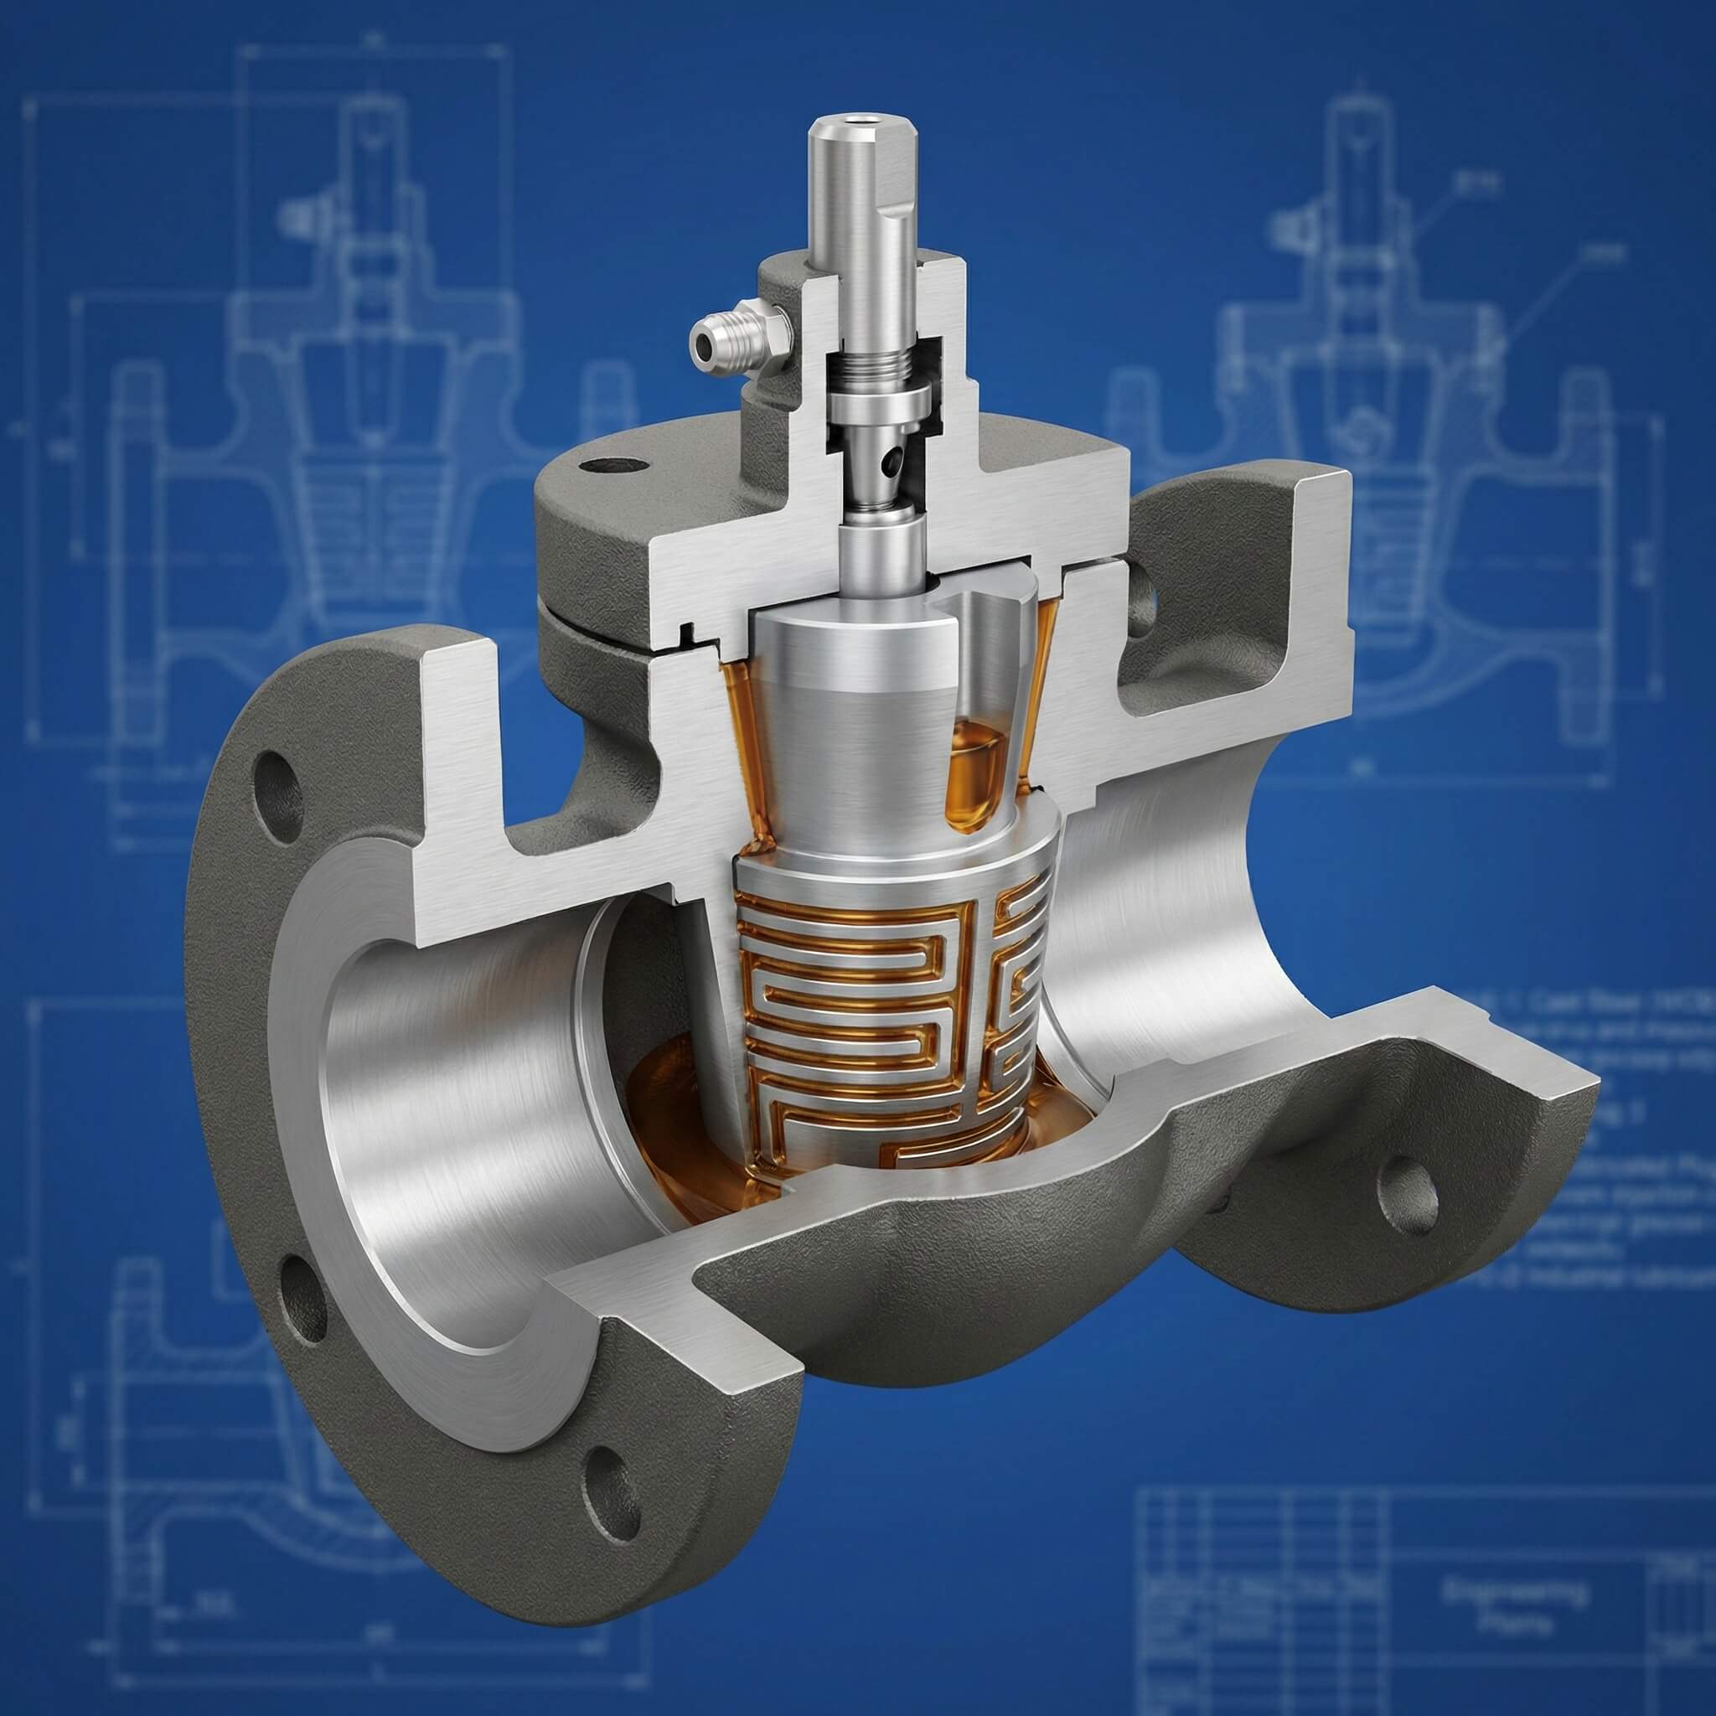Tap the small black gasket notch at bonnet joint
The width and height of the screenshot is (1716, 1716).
point(685,633)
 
